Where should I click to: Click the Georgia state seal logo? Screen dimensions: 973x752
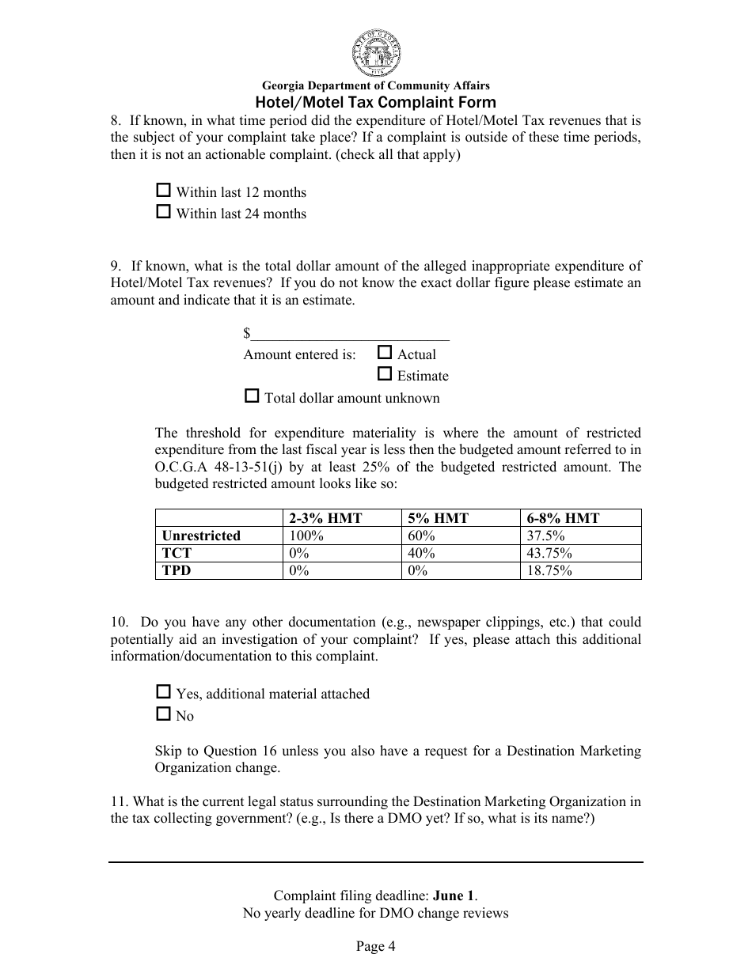(x=375, y=51)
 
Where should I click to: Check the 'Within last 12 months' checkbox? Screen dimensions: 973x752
(x=164, y=191)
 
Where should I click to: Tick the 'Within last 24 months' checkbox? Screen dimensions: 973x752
(x=164, y=212)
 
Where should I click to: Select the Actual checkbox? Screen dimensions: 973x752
(x=385, y=353)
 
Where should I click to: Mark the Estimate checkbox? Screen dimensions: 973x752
(x=385, y=374)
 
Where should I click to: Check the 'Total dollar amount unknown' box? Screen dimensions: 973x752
(x=252, y=396)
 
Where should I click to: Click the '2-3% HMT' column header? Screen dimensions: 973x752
(x=325, y=518)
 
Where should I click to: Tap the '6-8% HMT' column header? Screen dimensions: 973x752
(x=563, y=518)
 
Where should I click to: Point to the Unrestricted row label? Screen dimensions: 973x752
(x=201, y=536)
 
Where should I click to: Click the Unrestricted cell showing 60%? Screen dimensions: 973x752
(x=421, y=536)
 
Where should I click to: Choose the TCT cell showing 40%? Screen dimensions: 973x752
(x=421, y=553)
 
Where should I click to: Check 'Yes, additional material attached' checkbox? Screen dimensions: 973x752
(x=164, y=692)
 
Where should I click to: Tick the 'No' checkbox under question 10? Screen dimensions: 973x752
(x=164, y=714)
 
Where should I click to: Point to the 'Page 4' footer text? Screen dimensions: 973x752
(x=375, y=946)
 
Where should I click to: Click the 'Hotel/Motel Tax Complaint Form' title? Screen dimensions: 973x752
(x=375, y=102)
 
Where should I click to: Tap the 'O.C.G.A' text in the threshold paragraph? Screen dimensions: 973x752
(x=180, y=467)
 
